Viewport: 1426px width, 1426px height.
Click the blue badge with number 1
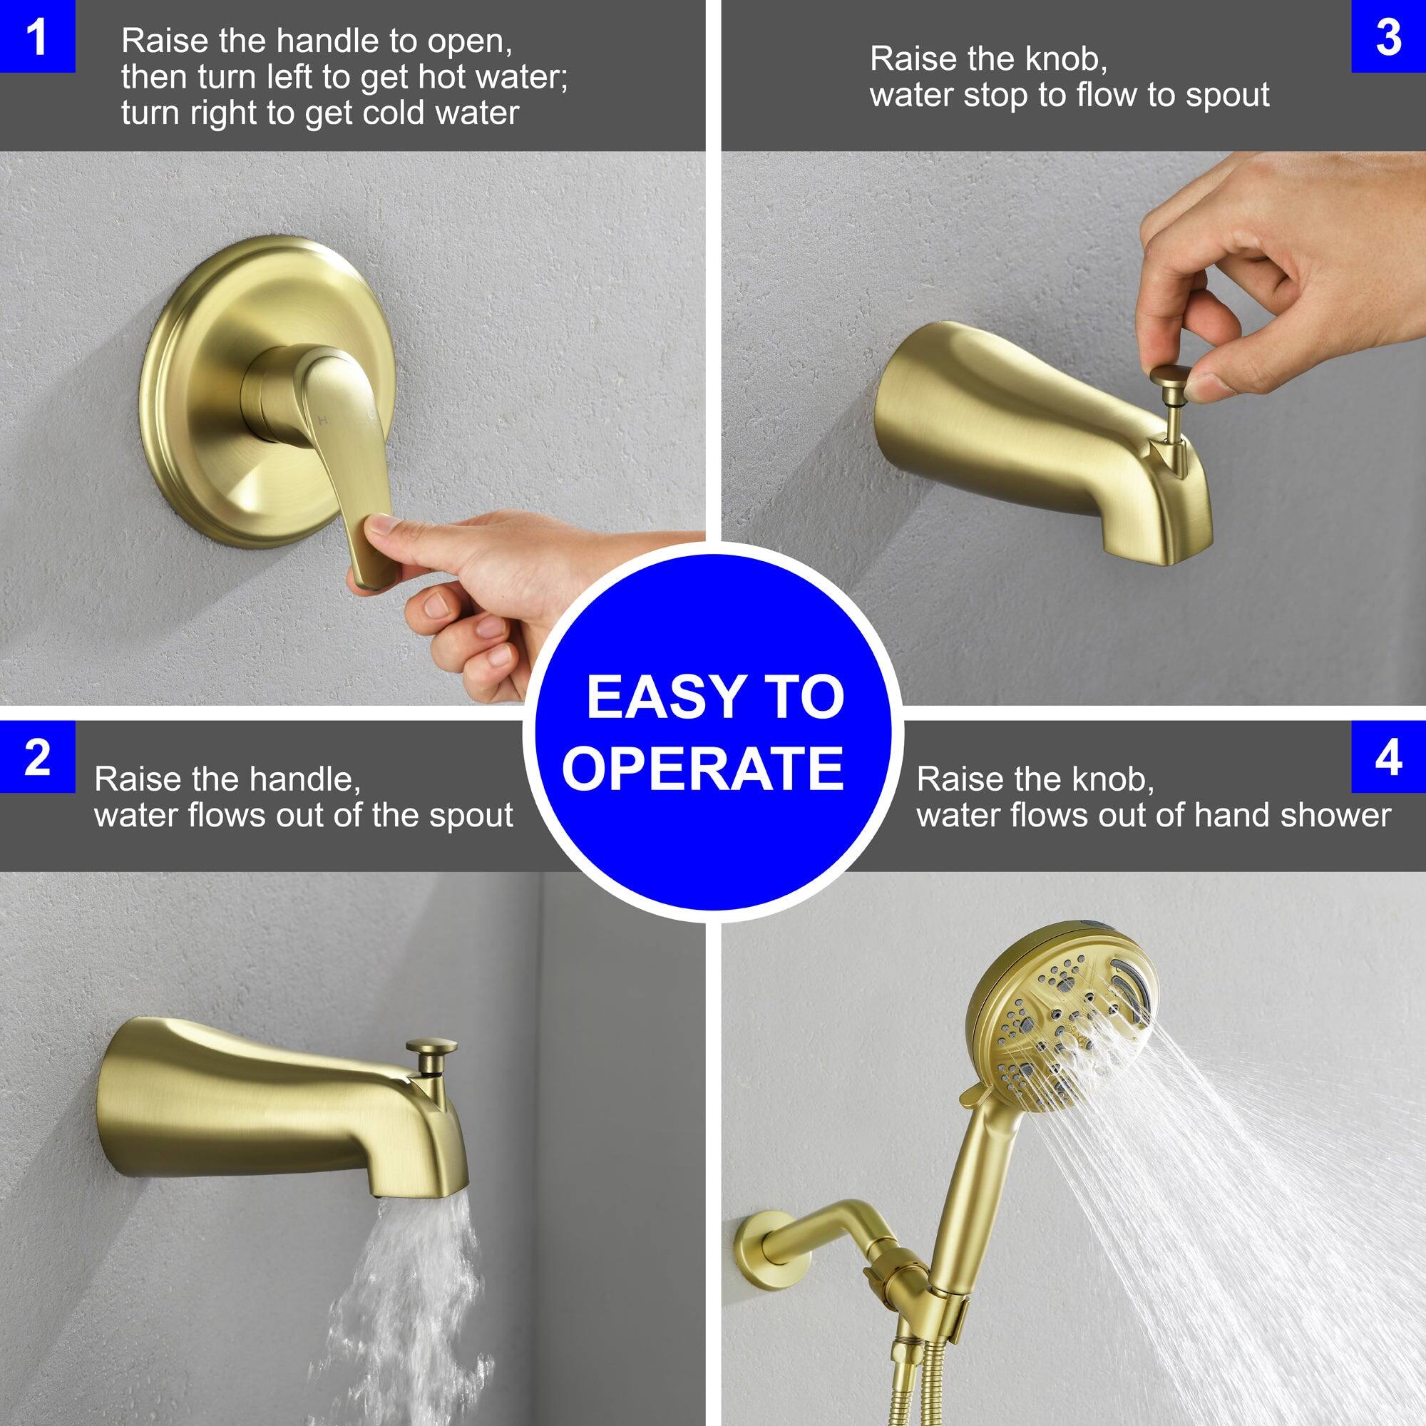[37, 36]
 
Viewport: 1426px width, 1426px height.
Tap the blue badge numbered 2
[37, 757]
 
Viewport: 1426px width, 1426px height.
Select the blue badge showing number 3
[1388, 36]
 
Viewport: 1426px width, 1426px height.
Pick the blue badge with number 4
[1388, 757]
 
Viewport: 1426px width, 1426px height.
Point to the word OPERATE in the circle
[703, 768]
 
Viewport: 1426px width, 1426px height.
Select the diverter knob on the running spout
[432, 1049]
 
